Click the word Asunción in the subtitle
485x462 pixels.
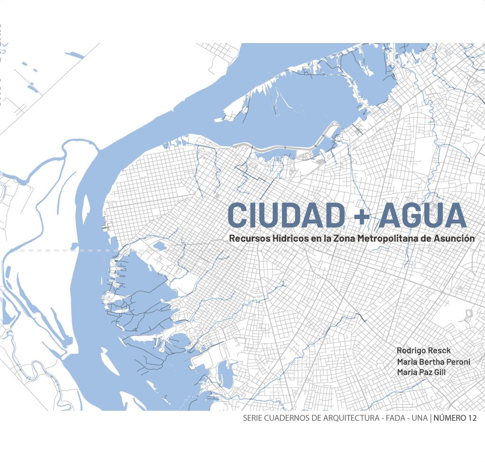(x=454, y=239)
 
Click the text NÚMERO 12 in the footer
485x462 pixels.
(x=455, y=418)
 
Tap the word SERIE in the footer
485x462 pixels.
(x=252, y=418)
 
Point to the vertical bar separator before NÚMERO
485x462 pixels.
(x=431, y=418)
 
